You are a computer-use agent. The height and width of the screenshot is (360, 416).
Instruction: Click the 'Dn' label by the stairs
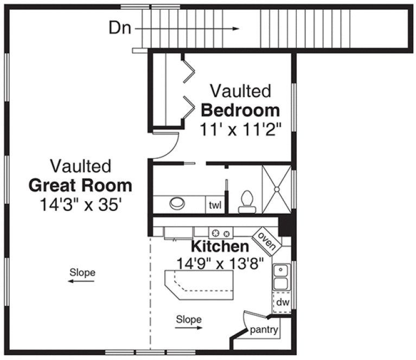tap(120, 28)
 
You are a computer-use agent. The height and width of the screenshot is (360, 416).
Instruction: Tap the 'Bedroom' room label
tap(240, 111)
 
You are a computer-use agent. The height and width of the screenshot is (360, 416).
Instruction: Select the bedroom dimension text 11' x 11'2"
tap(240, 131)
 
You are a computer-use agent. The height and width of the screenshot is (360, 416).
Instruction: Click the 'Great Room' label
tap(80, 186)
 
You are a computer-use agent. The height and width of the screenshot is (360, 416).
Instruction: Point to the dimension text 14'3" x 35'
tap(80, 205)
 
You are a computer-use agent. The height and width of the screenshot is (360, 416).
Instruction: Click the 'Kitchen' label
tap(220, 247)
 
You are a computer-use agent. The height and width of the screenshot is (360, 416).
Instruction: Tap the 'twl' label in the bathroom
tap(215, 205)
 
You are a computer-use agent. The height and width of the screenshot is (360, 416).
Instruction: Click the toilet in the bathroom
tap(247, 201)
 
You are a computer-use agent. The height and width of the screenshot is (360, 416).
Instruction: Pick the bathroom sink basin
tap(177, 203)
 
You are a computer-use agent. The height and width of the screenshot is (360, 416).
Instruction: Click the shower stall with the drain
tap(277, 189)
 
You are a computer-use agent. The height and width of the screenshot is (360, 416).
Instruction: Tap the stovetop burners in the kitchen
tap(221, 233)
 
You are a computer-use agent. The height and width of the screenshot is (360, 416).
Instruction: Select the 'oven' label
tap(266, 239)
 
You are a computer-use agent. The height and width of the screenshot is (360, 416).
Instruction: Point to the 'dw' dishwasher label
tap(282, 302)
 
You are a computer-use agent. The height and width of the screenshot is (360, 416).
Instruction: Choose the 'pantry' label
tap(264, 330)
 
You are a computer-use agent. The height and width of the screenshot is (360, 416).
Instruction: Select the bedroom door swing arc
tap(168, 144)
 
